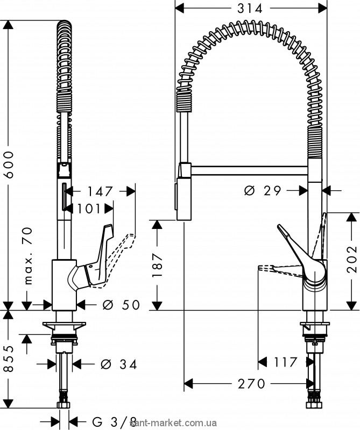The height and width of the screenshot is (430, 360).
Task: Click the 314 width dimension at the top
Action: [x=251, y=9]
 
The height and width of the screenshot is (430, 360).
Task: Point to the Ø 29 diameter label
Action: [x=264, y=190]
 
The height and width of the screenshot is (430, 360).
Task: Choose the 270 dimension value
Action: [x=251, y=384]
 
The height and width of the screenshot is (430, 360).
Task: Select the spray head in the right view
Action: [x=183, y=193]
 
